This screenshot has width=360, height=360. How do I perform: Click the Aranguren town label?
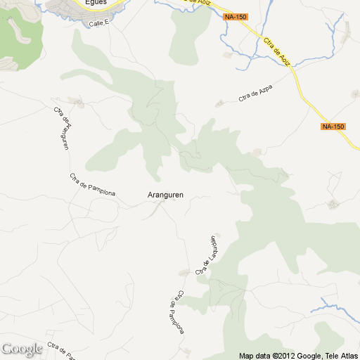point(165,194)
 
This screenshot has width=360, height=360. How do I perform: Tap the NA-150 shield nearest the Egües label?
point(236,16)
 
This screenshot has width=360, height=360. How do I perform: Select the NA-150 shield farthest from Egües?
point(333,127)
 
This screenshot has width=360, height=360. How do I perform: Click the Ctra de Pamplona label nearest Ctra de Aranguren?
point(92,185)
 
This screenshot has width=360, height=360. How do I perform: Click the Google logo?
point(22,349)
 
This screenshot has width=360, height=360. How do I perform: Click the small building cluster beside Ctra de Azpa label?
point(220,103)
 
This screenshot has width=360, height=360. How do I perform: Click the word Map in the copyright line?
point(246,355)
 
